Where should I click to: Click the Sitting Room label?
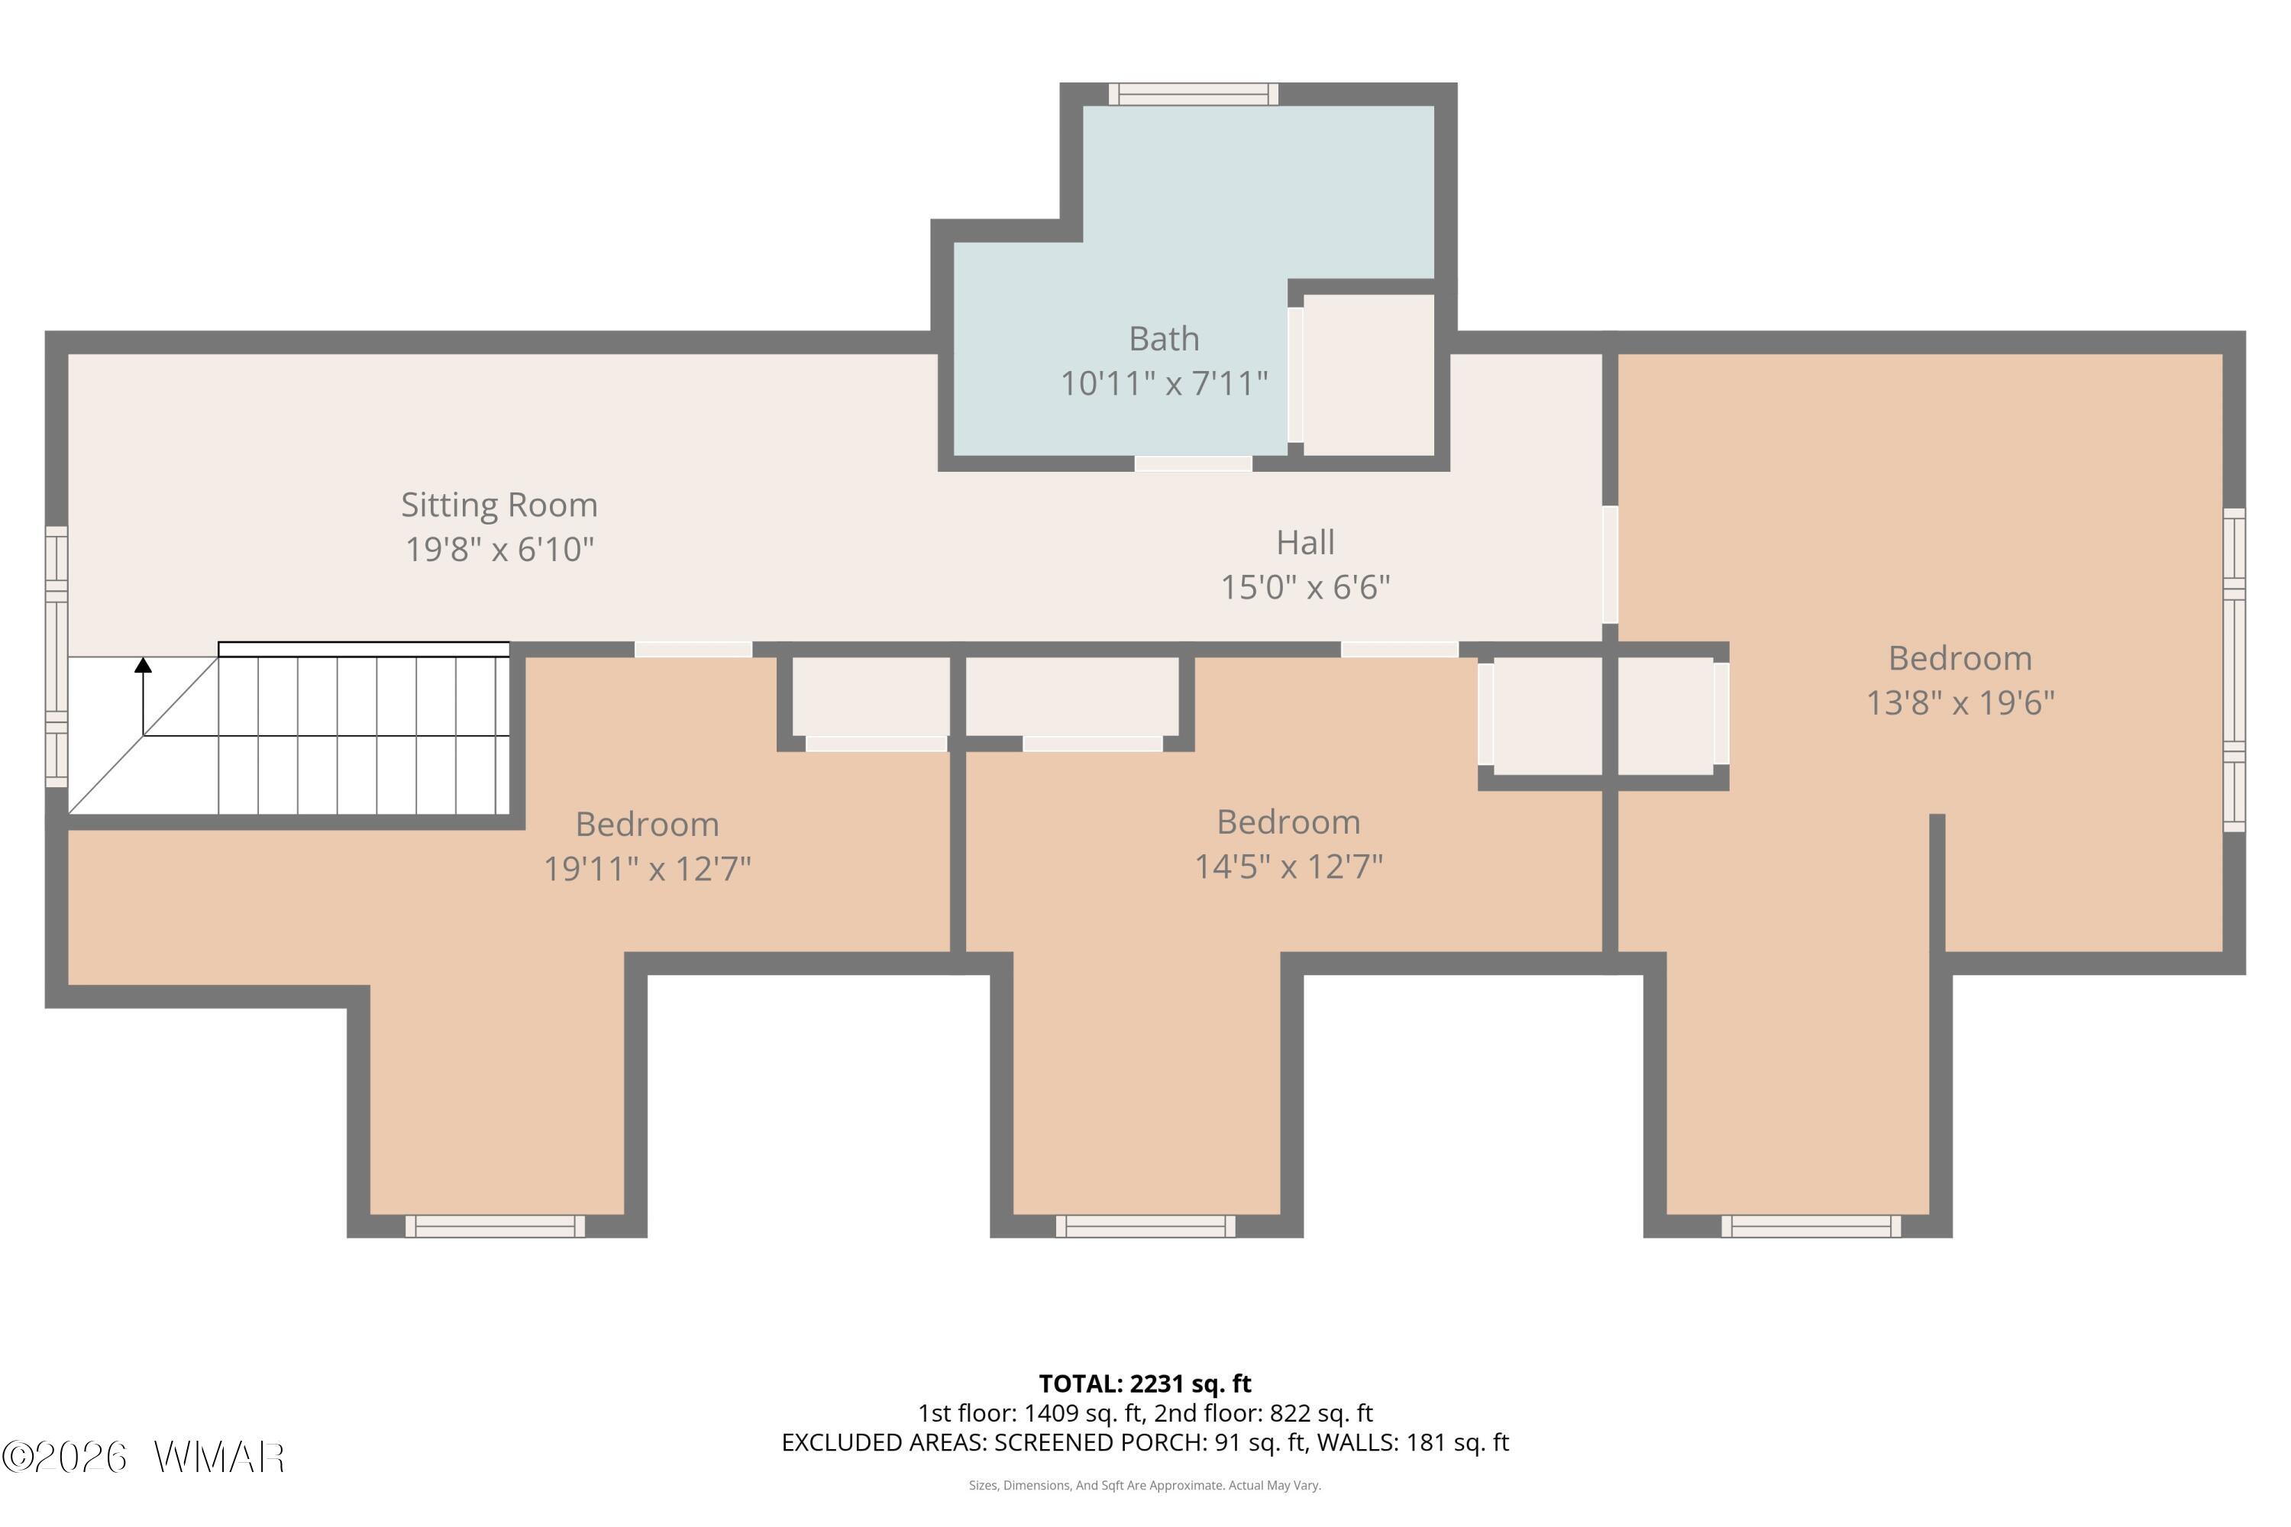click(499, 505)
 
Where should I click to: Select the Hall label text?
click(1305, 542)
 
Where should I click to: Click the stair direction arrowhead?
click(144, 665)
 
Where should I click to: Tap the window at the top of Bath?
click(1193, 93)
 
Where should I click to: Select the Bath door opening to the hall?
click(1193, 463)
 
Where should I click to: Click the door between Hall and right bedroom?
click(1610, 564)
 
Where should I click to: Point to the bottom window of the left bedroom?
click(495, 1226)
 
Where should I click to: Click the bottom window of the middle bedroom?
click(1145, 1226)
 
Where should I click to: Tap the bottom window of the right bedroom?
click(1811, 1226)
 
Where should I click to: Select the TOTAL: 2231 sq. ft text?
click(1145, 1383)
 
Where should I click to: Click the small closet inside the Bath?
click(1368, 375)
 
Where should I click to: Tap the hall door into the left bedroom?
click(693, 650)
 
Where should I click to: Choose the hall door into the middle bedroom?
click(1400, 650)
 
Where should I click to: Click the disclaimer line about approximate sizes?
click(1145, 1485)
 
